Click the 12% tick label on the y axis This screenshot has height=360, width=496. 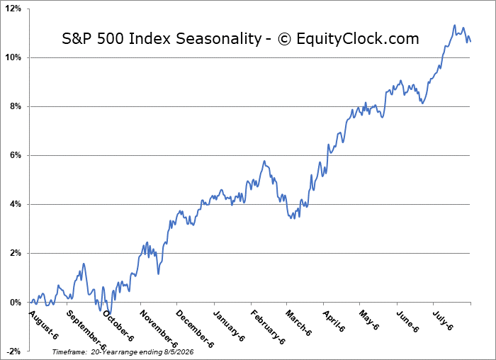(x=13, y=9)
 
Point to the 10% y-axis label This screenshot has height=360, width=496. (x=13, y=57)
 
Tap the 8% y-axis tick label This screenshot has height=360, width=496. (x=15, y=106)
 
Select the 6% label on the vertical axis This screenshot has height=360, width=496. (x=15, y=156)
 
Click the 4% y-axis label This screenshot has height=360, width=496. (x=15, y=204)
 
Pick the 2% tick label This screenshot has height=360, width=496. (x=15, y=254)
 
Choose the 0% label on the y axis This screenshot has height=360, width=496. (x=15, y=303)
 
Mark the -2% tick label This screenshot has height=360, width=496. (x=14, y=351)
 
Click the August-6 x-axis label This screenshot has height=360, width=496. (x=43, y=325)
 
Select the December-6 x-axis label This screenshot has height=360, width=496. (x=195, y=329)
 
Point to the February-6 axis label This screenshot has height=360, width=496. (x=268, y=327)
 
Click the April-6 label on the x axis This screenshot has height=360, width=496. (x=334, y=321)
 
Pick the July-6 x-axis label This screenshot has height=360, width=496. (x=443, y=320)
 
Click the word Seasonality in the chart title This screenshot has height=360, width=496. (x=218, y=39)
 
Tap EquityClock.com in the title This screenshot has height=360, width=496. (x=358, y=38)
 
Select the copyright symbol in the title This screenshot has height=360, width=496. (x=284, y=39)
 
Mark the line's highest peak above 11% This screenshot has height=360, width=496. (x=455, y=25)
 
